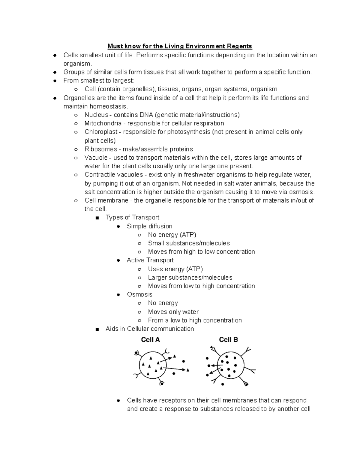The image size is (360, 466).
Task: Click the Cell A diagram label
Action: (150, 340)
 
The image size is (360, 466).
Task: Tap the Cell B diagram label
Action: (228, 340)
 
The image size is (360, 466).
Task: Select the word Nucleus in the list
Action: (96, 115)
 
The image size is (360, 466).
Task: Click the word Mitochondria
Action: (103, 123)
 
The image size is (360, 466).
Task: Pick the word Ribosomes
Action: (101, 149)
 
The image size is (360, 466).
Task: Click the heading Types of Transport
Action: (132, 218)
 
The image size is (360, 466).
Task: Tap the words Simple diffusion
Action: (149, 226)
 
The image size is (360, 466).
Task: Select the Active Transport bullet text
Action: (150, 260)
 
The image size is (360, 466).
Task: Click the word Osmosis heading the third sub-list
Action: (139, 294)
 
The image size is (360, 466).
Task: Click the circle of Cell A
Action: (152, 365)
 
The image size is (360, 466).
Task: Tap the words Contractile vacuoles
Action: (113, 175)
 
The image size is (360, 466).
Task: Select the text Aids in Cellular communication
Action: (150, 329)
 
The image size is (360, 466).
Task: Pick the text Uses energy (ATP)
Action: (175, 269)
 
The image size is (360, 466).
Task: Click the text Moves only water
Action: (173, 312)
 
